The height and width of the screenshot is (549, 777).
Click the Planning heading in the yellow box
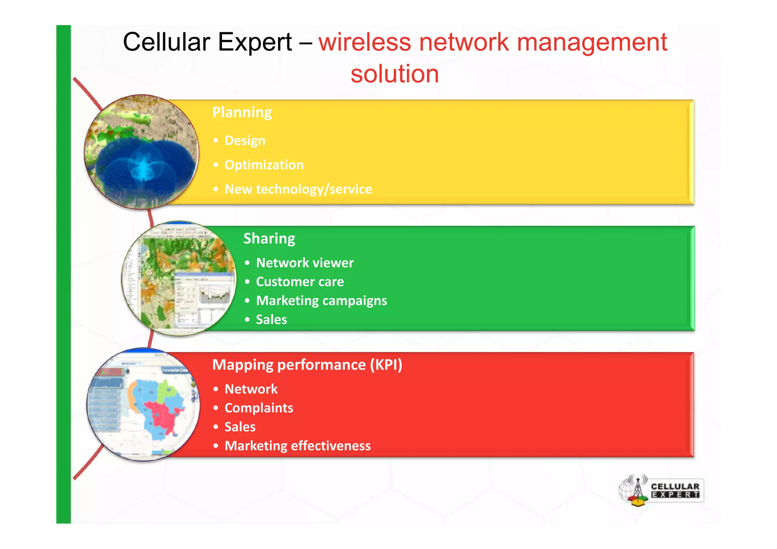pyautogui.click(x=242, y=112)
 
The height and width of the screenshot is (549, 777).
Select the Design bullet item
pyautogui.click(x=245, y=140)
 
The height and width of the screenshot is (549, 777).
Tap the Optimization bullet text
pyautogui.click(x=264, y=165)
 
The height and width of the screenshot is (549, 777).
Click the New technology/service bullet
pyautogui.click(x=298, y=189)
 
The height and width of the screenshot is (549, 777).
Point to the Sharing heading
pyautogui.click(x=269, y=238)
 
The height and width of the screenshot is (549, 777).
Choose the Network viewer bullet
pyautogui.click(x=305, y=263)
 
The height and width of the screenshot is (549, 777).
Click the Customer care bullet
pyautogui.click(x=300, y=282)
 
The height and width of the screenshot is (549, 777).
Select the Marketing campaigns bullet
pyautogui.click(x=321, y=300)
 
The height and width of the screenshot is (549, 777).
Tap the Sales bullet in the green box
pyautogui.click(x=271, y=319)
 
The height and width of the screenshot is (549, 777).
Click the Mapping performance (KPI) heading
pyautogui.click(x=307, y=365)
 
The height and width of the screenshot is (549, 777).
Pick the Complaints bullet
pyautogui.click(x=259, y=408)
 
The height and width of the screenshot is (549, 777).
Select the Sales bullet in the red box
pyautogui.click(x=240, y=427)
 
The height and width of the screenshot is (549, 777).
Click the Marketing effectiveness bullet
pyautogui.click(x=297, y=446)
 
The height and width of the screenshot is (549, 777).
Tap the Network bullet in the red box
pyautogui.click(x=251, y=389)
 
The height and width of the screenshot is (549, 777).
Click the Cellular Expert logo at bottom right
pyautogui.click(x=661, y=490)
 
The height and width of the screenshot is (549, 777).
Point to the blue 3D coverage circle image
pyautogui.click(x=142, y=152)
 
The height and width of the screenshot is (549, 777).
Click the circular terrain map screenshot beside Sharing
pyautogui.click(x=179, y=278)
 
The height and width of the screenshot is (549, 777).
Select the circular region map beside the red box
pyautogui.click(x=143, y=404)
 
